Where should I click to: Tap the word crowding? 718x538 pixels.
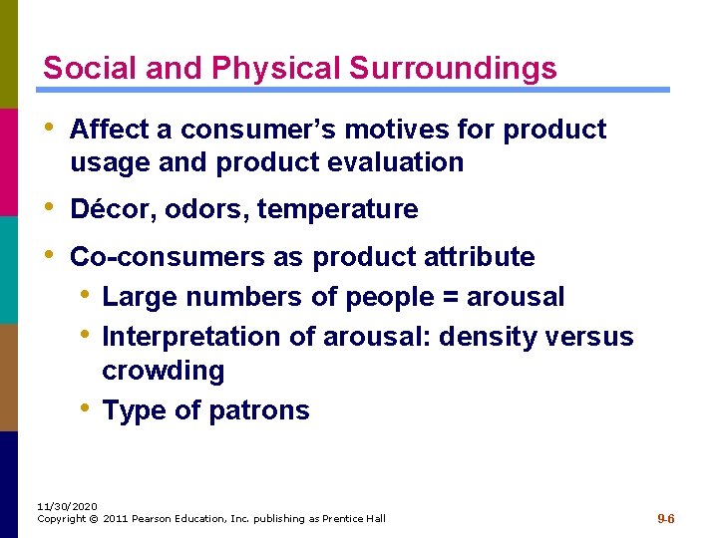point(164,371)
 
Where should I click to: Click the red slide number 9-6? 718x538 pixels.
point(666,519)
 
